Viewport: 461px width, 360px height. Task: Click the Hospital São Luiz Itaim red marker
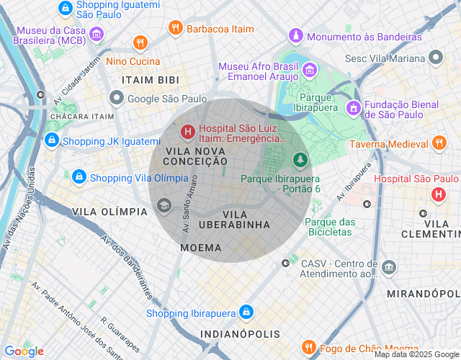187,131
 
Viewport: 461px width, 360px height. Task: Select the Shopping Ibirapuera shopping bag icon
246,312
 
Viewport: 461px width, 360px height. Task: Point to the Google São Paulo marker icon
116,98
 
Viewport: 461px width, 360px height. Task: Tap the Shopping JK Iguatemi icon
51,140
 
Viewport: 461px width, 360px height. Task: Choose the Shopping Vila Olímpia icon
79,177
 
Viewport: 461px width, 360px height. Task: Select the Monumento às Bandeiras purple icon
295,36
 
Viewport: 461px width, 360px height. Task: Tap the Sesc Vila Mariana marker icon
435,57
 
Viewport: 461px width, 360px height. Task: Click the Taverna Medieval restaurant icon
439,144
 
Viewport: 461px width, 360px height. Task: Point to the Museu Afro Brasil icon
310,70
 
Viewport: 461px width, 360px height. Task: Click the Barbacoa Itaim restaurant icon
175,28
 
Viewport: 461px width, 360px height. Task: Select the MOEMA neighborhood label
201,247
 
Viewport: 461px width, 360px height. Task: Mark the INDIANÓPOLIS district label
240,335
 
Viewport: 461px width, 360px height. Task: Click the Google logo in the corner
24,351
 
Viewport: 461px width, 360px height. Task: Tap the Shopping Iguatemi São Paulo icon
65,8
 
